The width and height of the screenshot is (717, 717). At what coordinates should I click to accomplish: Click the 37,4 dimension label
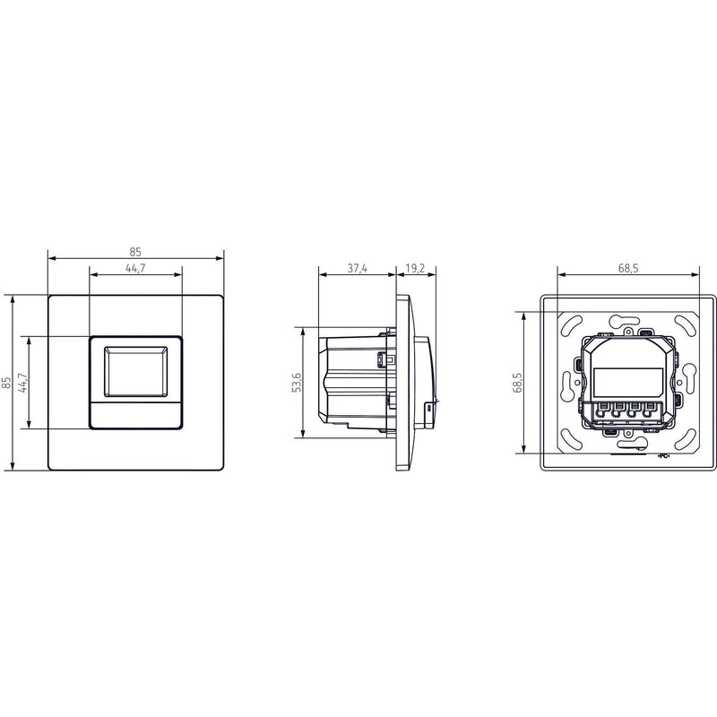[357, 268]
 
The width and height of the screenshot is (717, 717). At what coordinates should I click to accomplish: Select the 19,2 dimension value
[415, 268]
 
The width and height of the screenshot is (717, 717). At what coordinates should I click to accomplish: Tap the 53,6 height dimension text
[297, 383]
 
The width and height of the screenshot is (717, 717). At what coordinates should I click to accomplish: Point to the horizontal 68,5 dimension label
[628, 268]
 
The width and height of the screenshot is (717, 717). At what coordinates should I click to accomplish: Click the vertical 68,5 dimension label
[517, 383]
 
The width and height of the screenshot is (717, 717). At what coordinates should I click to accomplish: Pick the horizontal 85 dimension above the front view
[135, 252]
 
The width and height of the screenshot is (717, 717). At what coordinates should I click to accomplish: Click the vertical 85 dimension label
[6, 383]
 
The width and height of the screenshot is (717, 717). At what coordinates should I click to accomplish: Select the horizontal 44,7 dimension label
[135, 268]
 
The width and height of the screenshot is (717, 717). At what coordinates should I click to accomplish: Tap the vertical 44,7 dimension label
[23, 383]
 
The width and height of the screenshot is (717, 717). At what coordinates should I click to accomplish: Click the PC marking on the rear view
[663, 456]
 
